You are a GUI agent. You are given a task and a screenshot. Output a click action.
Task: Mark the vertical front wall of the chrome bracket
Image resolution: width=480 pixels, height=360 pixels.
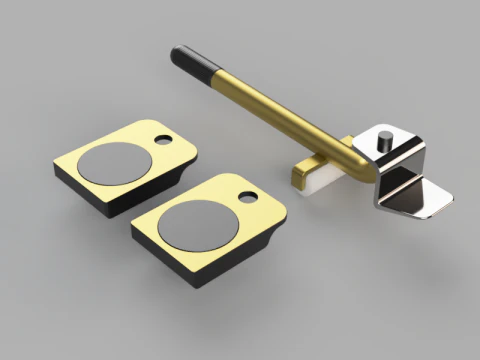[384, 185]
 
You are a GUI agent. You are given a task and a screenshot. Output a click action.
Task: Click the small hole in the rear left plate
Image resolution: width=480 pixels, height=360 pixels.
[164, 140]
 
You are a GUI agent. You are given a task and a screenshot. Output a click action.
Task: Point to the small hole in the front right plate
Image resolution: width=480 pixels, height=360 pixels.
[246, 197]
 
